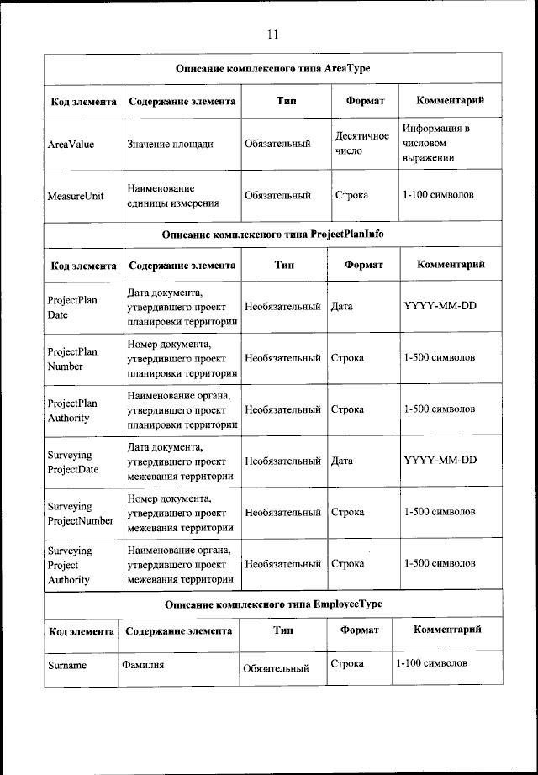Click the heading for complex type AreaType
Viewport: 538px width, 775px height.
coord(272,68)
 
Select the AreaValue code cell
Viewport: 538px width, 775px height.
coord(71,144)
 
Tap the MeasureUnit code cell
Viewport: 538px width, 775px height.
coord(76,195)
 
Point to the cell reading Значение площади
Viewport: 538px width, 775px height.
coord(170,144)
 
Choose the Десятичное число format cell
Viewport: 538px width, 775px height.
coord(361,144)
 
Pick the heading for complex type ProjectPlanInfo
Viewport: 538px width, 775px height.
coord(272,234)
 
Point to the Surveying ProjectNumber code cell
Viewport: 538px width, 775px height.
coord(80,512)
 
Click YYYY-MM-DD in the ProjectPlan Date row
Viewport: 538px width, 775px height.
coord(440,306)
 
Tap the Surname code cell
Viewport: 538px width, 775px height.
coord(67,665)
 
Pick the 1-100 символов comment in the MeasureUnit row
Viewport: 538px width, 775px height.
coord(438,195)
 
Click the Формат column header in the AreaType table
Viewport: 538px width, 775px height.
coord(365,101)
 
